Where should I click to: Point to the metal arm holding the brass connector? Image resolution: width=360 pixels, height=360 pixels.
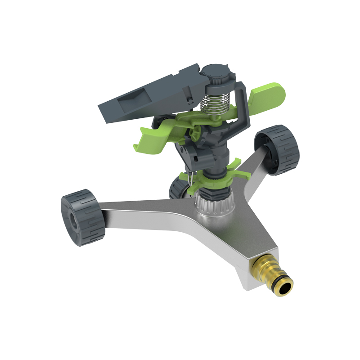[x=234, y=252]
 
